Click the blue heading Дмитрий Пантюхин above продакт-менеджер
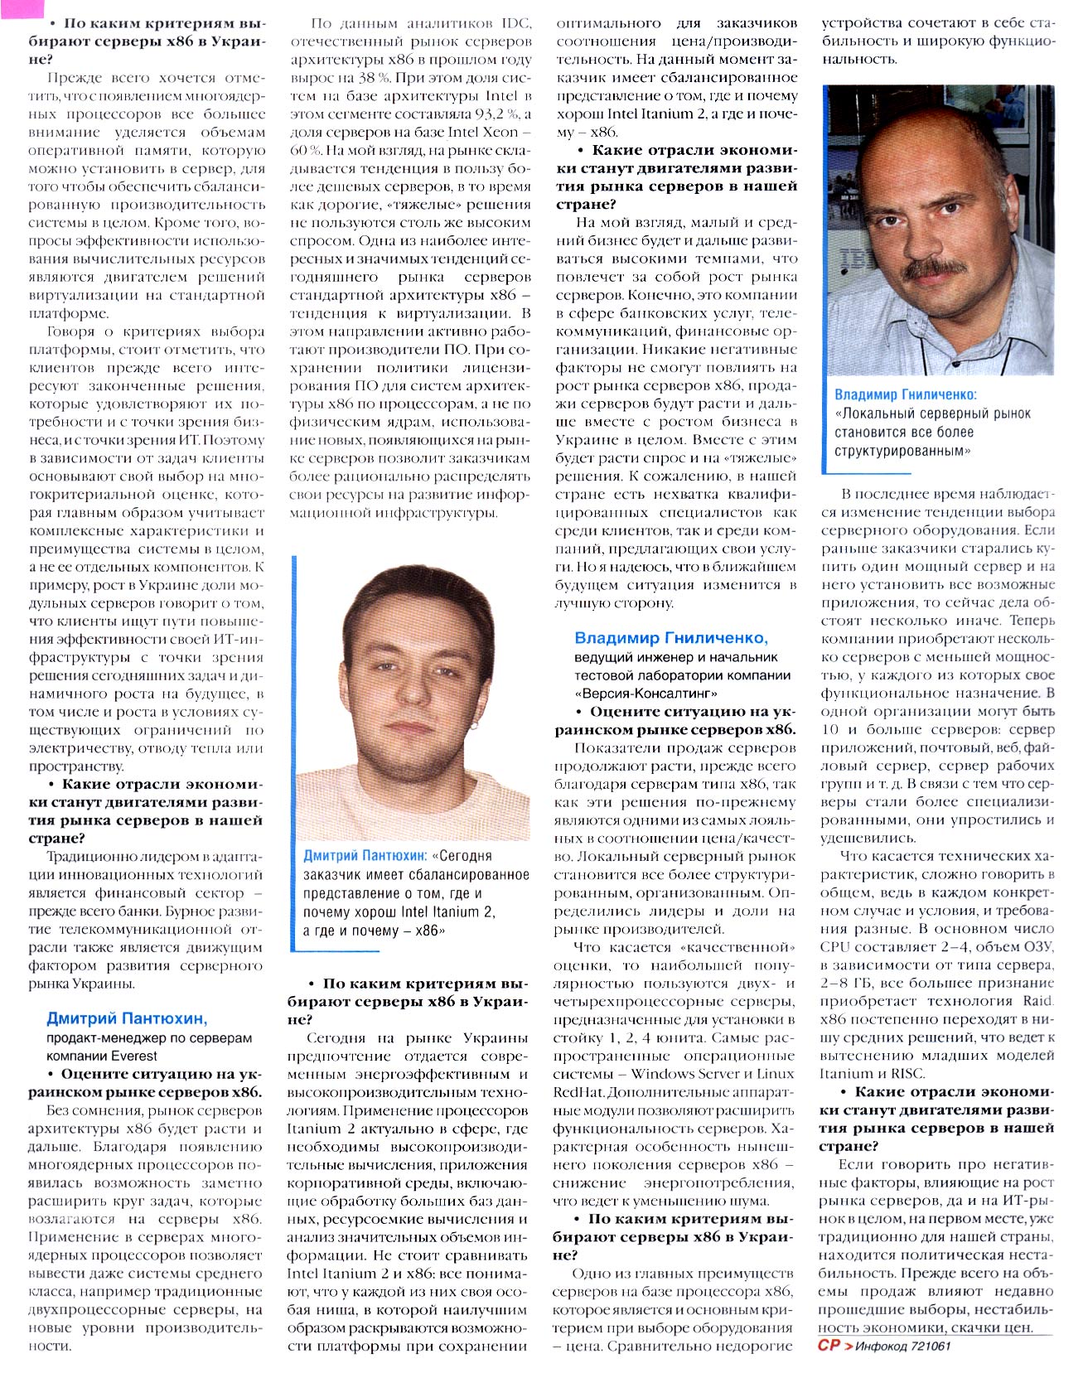point(127,1018)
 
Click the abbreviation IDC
point(510,24)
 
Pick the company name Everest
point(130,1055)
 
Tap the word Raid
point(1038,1001)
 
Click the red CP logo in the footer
point(829,1346)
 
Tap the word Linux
point(771,1074)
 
